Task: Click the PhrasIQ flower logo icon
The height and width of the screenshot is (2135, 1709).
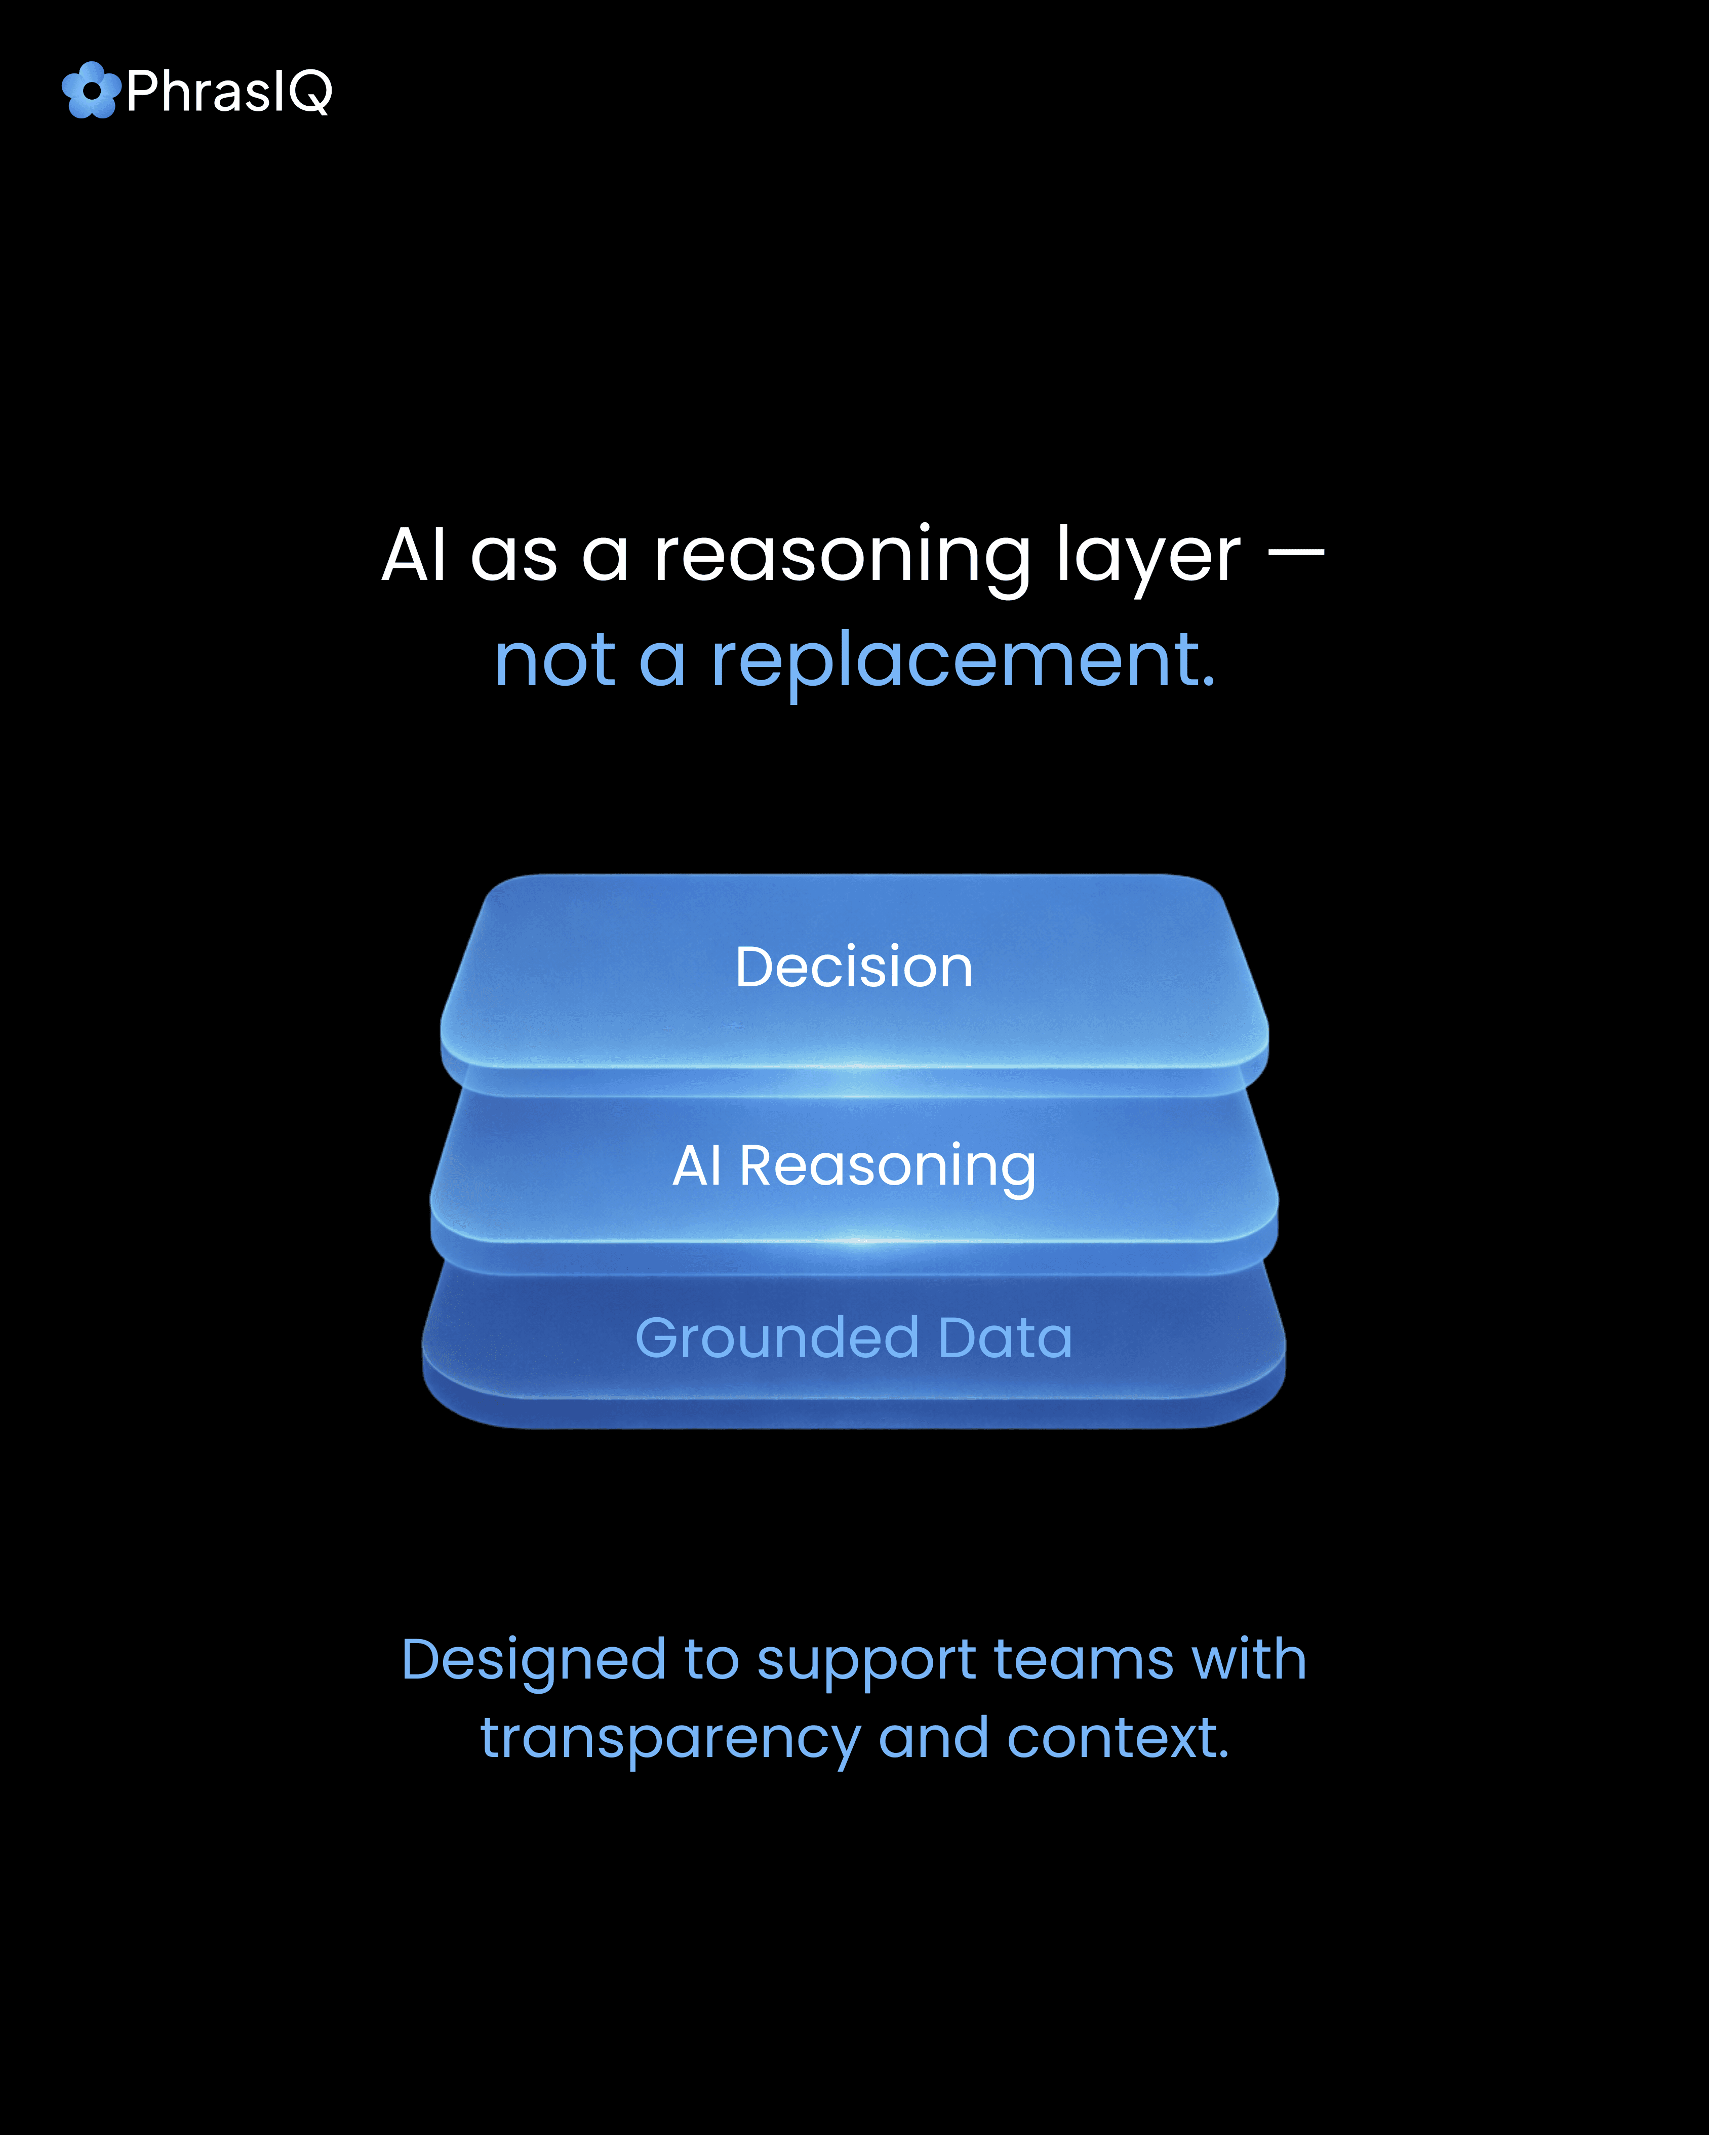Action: [x=91, y=90]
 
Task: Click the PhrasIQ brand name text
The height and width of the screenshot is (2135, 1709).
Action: [x=229, y=92]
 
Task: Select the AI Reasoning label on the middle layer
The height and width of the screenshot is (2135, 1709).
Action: [x=854, y=1165]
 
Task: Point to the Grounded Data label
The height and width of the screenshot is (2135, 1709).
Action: [x=854, y=1338]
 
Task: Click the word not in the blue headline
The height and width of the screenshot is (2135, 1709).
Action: [x=555, y=661]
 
